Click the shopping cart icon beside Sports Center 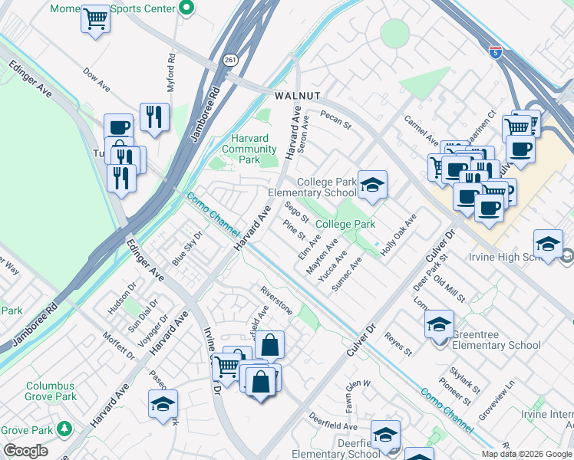(x=95, y=18)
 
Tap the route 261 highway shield (x=230, y=60)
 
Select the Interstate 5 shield (x=496, y=52)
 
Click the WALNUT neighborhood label (x=296, y=96)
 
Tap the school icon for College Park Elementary (x=372, y=185)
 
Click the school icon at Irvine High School (x=548, y=244)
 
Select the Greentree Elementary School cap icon (x=439, y=324)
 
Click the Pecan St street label (x=335, y=120)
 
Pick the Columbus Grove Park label (x=51, y=391)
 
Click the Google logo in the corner (x=25, y=451)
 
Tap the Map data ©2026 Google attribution (x=526, y=454)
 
